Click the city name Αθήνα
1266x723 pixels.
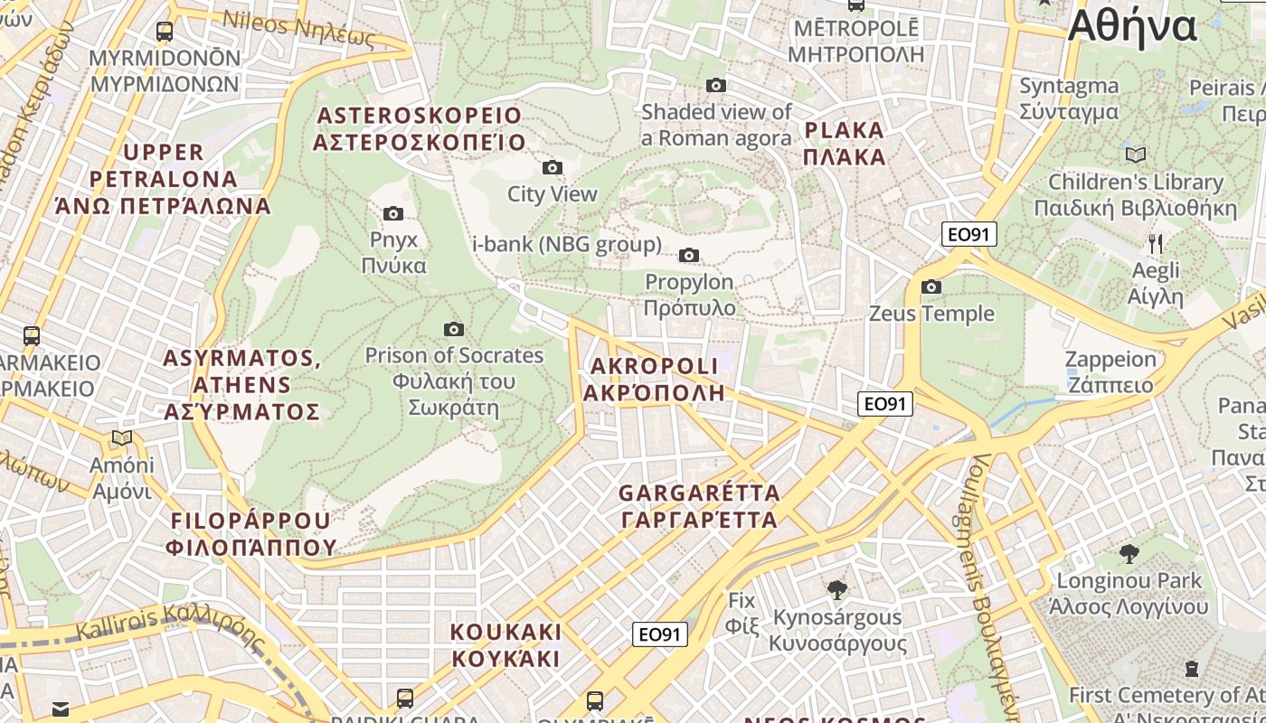click(1132, 27)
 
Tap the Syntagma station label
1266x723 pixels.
click(1069, 99)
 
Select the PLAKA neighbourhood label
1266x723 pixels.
click(844, 143)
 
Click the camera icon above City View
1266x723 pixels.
click(552, 167)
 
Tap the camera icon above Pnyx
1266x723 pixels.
click(393, 213)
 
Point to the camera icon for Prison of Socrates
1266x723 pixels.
click(454, 329)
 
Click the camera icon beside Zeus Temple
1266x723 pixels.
click(931, 287)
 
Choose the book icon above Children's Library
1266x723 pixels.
click(1136, 155)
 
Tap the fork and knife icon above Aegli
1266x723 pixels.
click(1156, 243)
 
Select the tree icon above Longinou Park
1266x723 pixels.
click(1129, 553)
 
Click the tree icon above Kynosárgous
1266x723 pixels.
click(837, 590)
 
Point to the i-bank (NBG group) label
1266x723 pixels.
click(567, 244)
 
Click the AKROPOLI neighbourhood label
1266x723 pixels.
click(654, 379)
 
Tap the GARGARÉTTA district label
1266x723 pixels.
click(699, 506)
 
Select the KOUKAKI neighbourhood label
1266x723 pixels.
click(506, 644)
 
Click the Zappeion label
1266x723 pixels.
click(1110, 371)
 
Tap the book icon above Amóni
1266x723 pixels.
click(122, 438)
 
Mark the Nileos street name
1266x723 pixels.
click(298, 28)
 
